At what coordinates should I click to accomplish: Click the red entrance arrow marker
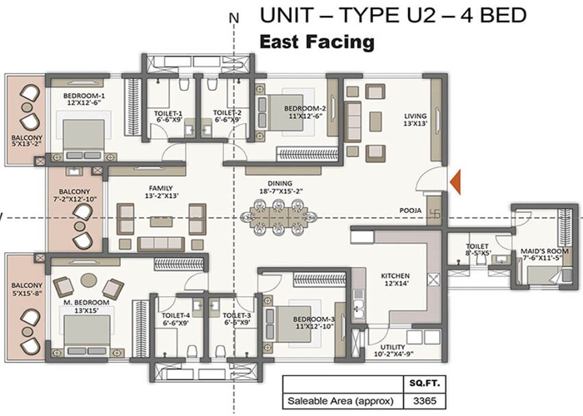point(456,180)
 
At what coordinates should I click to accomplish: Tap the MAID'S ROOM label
point(546,251)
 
